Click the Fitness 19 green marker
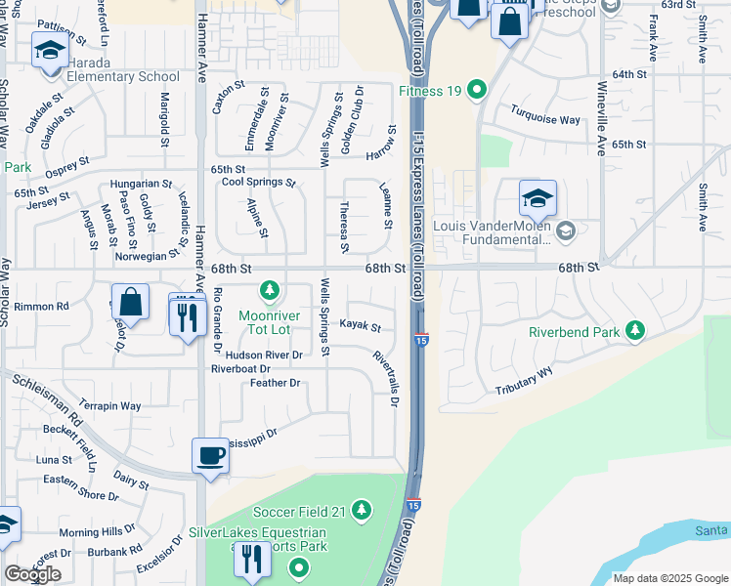(x=477, y=92)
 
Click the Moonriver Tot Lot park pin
(x=270, y=291)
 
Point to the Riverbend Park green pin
(x=635, y=332)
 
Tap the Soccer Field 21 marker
(x=362, y=511)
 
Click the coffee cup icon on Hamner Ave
(x=210, y=455)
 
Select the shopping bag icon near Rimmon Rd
(x=130, y=301)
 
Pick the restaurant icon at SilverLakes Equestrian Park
(x=254, y=559)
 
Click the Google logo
(x=32, y=574)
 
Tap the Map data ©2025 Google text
(x=669, y=578)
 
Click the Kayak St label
(x=359, y=326)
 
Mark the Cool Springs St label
(x=259, y=183)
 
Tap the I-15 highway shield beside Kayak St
(x=419, y=340)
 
